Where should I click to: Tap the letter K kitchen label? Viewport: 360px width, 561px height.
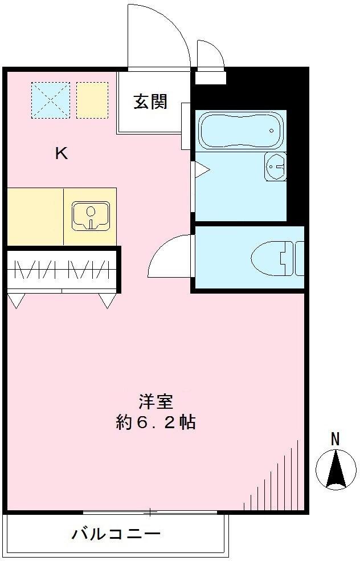pos(62,153)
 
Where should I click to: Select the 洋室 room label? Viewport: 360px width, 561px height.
pos(156,402)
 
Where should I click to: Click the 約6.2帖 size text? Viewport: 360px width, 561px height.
pos(156,422)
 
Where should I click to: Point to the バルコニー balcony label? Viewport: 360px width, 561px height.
pos(116,535)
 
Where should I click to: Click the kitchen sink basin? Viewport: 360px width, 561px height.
pos(90,216)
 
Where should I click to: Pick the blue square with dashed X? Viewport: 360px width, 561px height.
pos(51,100)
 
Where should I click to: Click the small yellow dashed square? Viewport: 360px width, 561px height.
pos(92,100)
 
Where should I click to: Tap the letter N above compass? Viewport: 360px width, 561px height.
pos(336,439)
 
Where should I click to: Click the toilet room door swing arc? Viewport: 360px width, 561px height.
pos(169,257)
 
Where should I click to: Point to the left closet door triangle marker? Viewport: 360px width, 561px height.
pos(17,300)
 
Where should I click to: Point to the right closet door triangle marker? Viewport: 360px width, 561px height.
pos(107,300)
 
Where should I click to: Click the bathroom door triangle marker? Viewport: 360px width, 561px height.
pos(202,169)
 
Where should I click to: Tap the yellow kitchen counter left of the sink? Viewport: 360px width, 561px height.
pos(35,216)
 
